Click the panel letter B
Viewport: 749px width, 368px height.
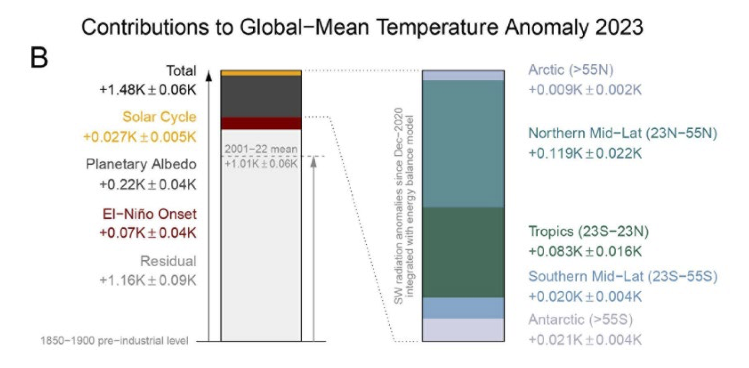point(39,58)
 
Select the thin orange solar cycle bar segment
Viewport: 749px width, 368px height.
point(261,73)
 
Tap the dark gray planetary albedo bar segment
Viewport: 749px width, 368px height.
point(261,96)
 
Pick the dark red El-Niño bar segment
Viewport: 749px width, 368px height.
point(261,123)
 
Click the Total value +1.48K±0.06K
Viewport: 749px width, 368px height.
point(148,90)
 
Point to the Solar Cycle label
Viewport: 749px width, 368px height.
point(159,117)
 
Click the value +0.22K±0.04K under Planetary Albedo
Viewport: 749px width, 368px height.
point(148,184)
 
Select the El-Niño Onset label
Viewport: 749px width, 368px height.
point(149,214)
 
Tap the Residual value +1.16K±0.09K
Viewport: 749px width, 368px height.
point(148,280)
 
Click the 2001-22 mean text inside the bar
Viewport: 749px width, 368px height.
point(261,149)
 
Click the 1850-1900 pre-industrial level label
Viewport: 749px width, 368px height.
point(114,341)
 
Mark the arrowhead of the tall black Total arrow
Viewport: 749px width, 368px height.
point(209,75)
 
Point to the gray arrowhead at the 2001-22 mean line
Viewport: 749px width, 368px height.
point(314,162)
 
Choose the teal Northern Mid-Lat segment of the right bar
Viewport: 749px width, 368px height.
point(463,143)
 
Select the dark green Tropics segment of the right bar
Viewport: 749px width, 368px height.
point(463,252)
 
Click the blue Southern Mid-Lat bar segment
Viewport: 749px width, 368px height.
point(463,308)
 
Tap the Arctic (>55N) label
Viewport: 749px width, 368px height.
point(571,70)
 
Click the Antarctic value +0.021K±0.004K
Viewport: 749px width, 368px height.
point(585,340)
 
